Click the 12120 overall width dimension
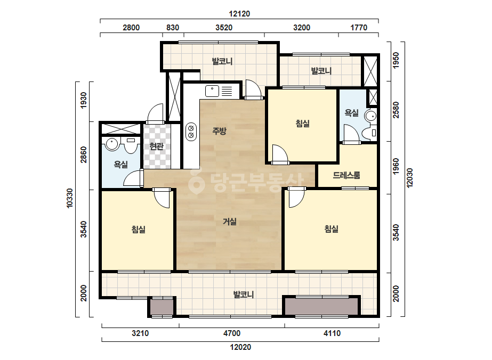pos(239,14)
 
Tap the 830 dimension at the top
pos(173,28)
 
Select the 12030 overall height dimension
pos(409,178)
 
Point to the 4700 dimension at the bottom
pos(232,333)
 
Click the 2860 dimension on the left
pos(84,154)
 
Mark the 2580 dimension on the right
pos(396,110)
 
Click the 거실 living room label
pos(229,222)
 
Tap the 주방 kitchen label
pos(219,131)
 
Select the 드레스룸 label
pos(346,175)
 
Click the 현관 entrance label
pos(156,146)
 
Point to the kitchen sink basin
pos(212,91)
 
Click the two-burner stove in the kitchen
pos(191,132)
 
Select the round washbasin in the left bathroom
pos(111,144)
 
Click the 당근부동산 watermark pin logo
pos(196,182)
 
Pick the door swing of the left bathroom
pos(132,178)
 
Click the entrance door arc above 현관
pos(155,112)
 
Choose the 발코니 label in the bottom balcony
pos(244,294)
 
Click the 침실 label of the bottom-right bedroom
pos(332,229)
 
